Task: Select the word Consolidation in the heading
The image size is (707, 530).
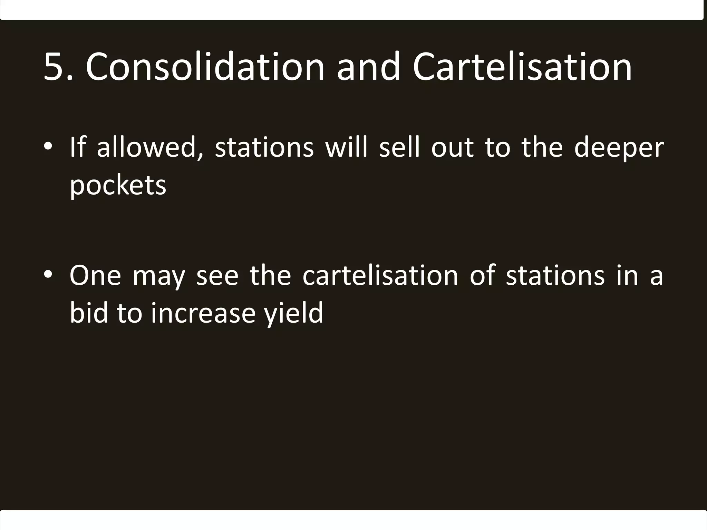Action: pos(205,67)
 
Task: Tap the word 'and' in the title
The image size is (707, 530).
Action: pos(368,67)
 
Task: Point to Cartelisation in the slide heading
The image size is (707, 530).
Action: pos(522,67)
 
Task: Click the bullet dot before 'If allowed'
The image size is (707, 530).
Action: pos(48,147)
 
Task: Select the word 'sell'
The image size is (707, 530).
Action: pos(399,147)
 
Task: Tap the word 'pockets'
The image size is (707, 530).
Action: pos(118,186)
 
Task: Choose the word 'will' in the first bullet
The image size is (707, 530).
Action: pos(346,147)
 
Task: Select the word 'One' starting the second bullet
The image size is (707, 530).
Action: pos(95,276)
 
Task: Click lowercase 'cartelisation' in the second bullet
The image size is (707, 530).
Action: pos(380,276)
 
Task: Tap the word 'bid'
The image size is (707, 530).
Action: pos(89,313)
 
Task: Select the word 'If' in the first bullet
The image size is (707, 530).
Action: pos(77,147)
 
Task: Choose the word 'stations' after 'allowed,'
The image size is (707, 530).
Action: pos(264,148)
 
